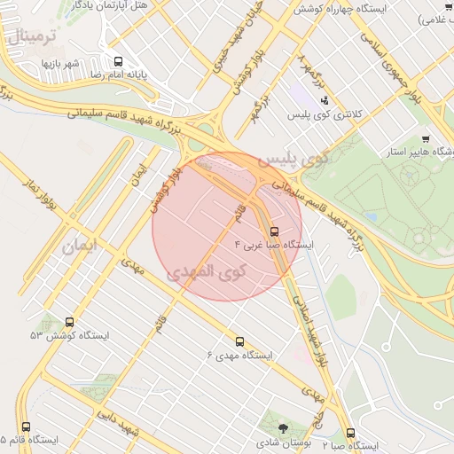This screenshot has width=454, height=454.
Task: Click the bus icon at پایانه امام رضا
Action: coord(118,61)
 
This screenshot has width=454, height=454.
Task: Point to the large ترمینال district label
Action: coord(35,38)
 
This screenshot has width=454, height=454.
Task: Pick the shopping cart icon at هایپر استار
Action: coord(426,138)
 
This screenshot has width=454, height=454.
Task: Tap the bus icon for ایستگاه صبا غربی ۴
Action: coord(273,231)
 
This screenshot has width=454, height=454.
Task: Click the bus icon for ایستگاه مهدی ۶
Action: coord(239,340)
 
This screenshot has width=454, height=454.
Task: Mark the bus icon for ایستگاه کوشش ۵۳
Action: coord(70,322)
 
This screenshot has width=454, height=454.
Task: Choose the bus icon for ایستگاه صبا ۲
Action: coord(351,433)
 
